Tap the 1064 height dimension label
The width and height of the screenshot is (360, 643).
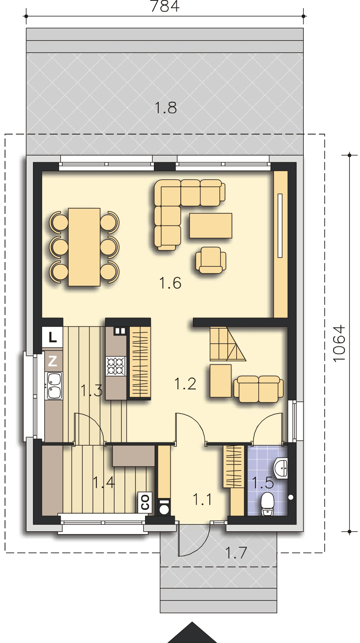[x=339, y=343]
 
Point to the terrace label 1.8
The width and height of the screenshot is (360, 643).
[x=166, y=108]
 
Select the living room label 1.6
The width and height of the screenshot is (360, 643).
[x=170, y=283]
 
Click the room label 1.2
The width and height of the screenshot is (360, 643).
[x=186, y=384]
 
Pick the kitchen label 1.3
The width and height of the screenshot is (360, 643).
[x=92, y=391]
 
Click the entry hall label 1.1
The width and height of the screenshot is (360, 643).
[x=202, y=499]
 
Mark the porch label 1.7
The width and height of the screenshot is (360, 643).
[x=236, y=553]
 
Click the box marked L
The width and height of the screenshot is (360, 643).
[x=52, y=337]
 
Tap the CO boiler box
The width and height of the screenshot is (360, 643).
[x=145, y=502]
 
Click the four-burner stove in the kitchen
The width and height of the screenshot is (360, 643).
[x=116, y=366]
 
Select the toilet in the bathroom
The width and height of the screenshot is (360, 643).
[x=268, y=504]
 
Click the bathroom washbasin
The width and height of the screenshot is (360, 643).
[x=281, y=468]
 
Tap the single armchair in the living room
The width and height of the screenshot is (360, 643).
[x=211, y=260]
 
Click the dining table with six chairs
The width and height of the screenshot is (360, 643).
[x=84, y=247]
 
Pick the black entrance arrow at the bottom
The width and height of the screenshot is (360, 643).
[x=192, y=633]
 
